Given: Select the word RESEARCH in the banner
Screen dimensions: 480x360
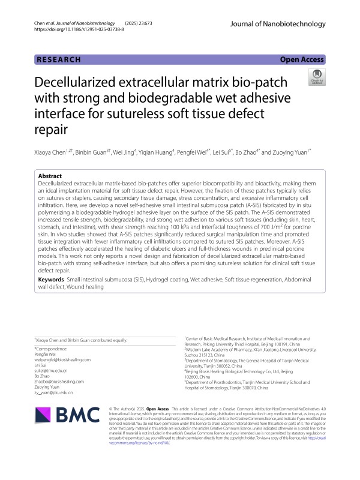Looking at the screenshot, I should point(58,59).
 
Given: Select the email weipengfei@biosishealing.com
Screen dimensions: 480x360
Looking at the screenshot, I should point(63,359).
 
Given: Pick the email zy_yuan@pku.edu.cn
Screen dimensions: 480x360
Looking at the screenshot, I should point(54,392).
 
